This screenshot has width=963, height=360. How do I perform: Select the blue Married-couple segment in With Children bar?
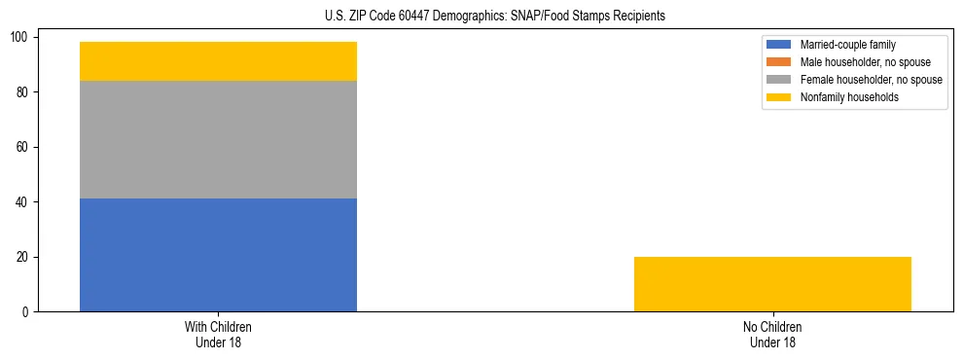(218, 255)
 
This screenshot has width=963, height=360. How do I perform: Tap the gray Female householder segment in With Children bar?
(218, 139)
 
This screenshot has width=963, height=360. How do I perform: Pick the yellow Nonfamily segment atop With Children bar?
(218, 61)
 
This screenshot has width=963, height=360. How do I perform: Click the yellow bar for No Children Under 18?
(772, 284)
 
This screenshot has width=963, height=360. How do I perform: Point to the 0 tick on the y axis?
(28, 312)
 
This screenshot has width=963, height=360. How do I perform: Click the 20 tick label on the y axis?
(25, 258)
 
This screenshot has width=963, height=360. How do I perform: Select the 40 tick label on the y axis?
(25, 202)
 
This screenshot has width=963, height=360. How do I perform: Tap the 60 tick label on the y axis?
(25, 147)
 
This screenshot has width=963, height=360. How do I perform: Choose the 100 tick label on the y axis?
(22, 37)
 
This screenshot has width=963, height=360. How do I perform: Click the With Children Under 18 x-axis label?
(218, 334)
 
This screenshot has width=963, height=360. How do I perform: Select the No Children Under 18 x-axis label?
(772, 334)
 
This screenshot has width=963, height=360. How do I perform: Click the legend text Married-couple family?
(848, 45)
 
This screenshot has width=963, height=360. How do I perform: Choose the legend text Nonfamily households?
(843, 97)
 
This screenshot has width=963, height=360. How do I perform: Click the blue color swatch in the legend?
(779, 45)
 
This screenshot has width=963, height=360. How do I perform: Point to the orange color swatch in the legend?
(779, 62)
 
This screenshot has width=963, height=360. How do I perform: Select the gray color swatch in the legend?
(779, 80)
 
